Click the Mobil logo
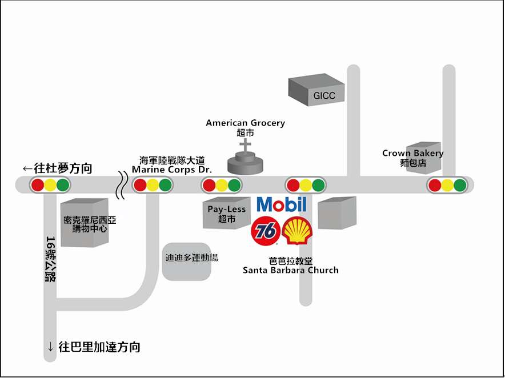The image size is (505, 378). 282,204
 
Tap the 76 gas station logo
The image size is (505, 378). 266,230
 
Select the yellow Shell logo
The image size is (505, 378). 297,231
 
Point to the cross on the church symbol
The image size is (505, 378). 246,146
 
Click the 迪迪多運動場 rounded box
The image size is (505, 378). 191,258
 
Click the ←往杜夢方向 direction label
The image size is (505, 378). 57,168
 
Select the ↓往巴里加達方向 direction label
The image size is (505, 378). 94,347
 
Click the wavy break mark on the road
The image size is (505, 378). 121,185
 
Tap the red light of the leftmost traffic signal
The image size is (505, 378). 38,185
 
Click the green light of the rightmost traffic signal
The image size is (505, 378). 460,185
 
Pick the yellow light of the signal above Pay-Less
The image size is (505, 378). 221,185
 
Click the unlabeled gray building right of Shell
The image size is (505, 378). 336,213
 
